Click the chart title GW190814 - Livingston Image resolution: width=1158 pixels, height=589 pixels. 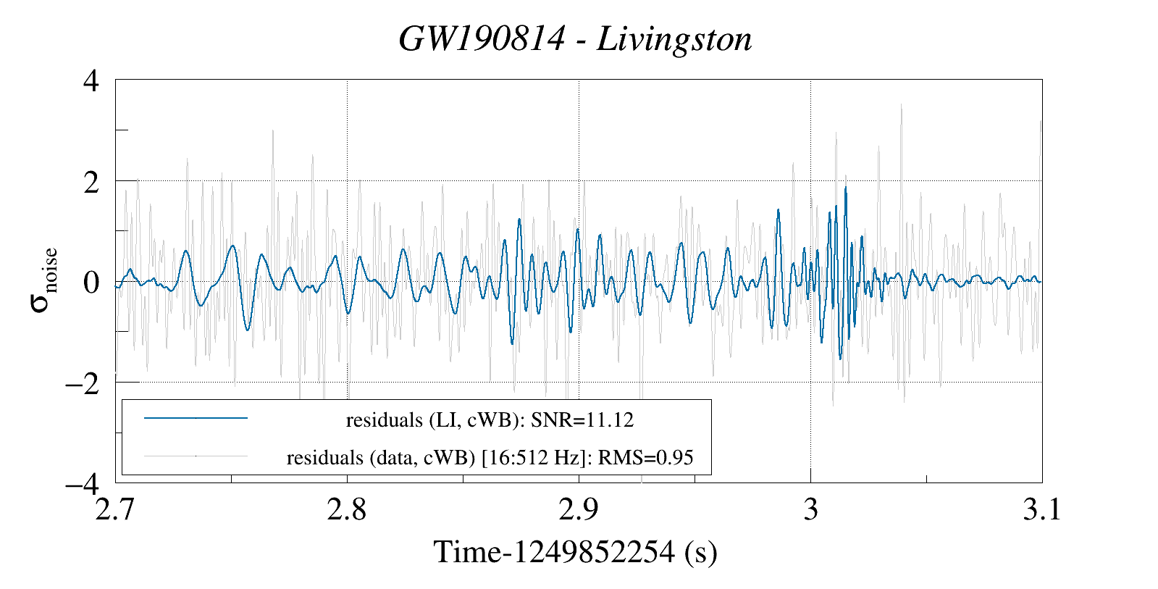point(575,39)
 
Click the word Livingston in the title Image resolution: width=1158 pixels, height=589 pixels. point(674,39)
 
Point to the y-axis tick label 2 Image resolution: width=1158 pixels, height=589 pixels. point(91,181)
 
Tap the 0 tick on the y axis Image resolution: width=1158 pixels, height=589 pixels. point(91,282)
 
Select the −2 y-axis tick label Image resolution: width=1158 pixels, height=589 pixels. point(83,383)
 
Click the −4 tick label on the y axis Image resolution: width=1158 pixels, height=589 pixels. point(83,483)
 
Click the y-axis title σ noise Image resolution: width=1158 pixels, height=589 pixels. point(44,281)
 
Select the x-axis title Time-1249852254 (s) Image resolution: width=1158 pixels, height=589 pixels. point(575,552)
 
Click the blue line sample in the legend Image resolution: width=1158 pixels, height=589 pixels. point(196,418)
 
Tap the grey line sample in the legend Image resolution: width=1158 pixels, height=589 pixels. point(196,456)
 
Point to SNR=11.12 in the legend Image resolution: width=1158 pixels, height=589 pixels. point(583,419)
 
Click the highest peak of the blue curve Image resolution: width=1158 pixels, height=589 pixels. point(845,188)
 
